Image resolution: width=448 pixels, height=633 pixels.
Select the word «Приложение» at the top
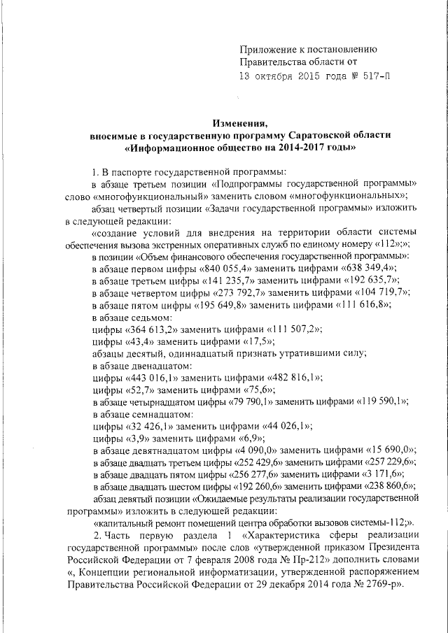[266, 49]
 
